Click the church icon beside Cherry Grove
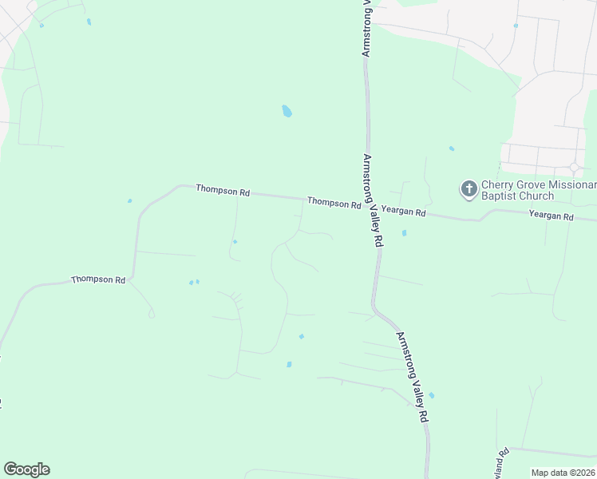point(469,189)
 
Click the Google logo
point(26,469)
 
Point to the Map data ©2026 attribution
point(563,473)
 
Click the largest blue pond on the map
point(287,112)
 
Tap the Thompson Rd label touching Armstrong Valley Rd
point(334,203)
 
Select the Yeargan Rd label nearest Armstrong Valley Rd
point(403,212)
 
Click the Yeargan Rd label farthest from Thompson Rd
point(551,216)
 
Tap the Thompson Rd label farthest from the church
point(98,280)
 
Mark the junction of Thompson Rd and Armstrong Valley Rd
point(370,205)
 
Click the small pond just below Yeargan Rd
point(404,233)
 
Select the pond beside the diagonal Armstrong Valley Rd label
point(431,395)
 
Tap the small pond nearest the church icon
point(452,148)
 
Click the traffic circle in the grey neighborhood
point(574,168)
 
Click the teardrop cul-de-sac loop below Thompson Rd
point(151,315)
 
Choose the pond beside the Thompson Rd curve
point(129,200)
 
